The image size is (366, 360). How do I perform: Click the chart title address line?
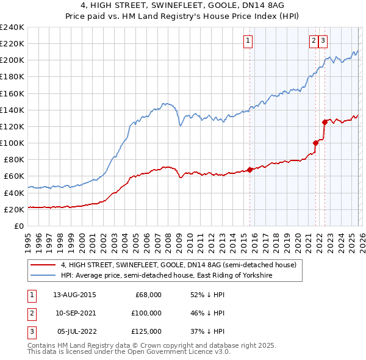pos(183,5)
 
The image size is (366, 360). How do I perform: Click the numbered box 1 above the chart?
pos(249,41)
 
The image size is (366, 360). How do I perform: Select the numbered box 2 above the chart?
pos(314,41)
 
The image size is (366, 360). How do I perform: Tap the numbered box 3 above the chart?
pos(323,41)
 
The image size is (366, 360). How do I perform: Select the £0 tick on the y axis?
pos(20,226)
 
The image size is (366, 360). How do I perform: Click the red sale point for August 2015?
pos(250,170)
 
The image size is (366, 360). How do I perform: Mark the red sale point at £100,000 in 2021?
pos(315,143)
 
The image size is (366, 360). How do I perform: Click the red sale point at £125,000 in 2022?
pos(325,122)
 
